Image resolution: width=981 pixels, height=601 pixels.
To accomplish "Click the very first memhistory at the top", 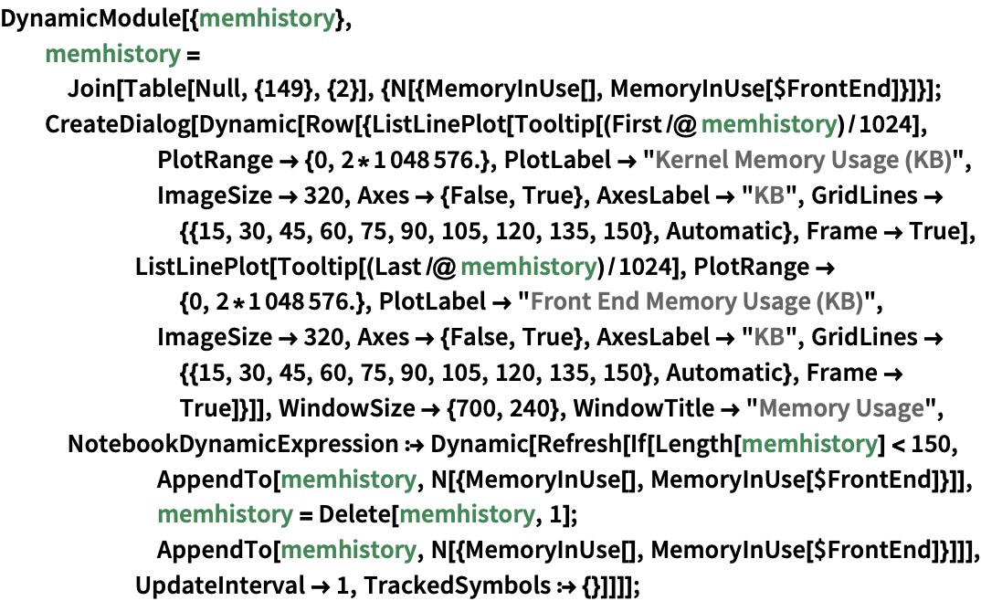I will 267,18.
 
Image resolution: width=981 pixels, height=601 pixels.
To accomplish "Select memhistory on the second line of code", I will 112,55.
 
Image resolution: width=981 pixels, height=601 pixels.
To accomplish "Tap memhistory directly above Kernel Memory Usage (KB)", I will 768,124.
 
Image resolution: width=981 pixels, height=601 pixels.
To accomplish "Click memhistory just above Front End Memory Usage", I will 528,268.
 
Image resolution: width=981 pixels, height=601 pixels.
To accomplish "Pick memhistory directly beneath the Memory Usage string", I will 808,445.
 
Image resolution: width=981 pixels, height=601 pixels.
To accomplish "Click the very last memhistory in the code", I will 347,550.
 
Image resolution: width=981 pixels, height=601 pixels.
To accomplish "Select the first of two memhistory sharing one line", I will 225,515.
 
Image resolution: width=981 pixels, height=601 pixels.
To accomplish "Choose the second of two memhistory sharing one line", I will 467,515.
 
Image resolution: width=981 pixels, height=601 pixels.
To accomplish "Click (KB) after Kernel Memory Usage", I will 928,161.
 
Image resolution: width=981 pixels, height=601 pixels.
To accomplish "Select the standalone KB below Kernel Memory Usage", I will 769,195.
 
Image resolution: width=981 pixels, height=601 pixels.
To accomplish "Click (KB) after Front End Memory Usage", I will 839,301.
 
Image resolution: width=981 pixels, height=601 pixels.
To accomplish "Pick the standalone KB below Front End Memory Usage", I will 769,337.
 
